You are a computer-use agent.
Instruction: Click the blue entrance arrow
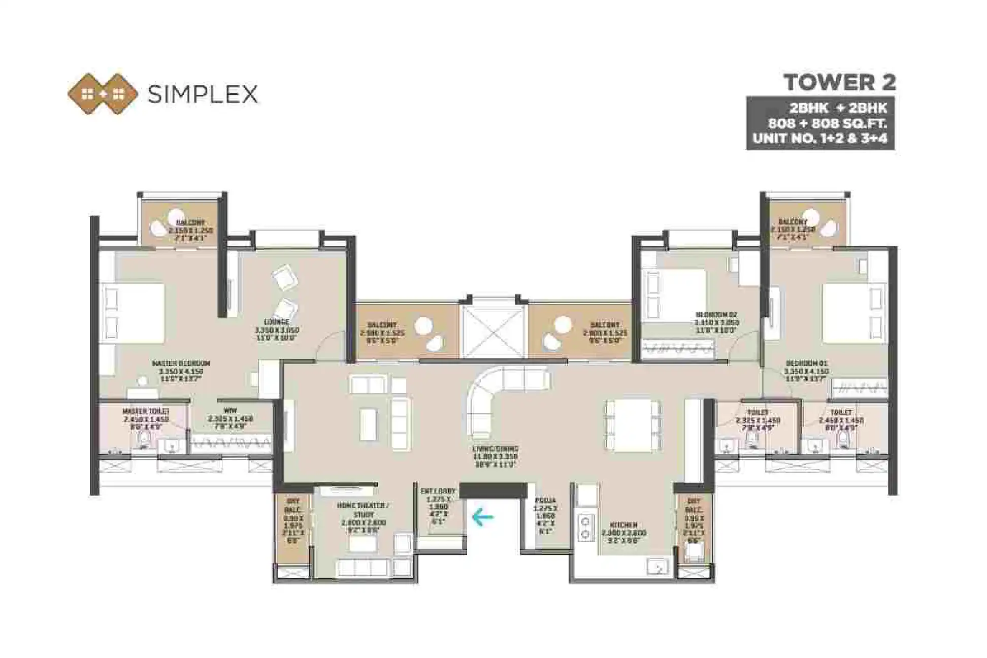tap(482, 517)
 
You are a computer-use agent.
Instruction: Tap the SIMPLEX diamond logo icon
tap(103, 94)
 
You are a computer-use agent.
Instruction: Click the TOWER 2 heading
tap(839, 82)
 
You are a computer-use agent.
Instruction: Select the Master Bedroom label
tap(181, 364)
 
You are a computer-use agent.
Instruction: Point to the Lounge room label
tap(277, 322)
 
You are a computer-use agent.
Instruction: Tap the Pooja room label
tap(545, 501)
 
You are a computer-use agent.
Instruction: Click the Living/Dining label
tap(495, 449)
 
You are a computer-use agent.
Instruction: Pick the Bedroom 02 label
tap(716, 314)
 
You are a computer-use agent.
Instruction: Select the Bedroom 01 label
tap(806, 364)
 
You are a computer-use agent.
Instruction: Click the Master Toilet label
tap(146, 411)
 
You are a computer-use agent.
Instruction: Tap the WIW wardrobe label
tap(230, 411)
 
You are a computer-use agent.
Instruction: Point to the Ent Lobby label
tap(438, 491)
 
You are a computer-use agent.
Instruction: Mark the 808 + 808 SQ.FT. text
tap(827, 123)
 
